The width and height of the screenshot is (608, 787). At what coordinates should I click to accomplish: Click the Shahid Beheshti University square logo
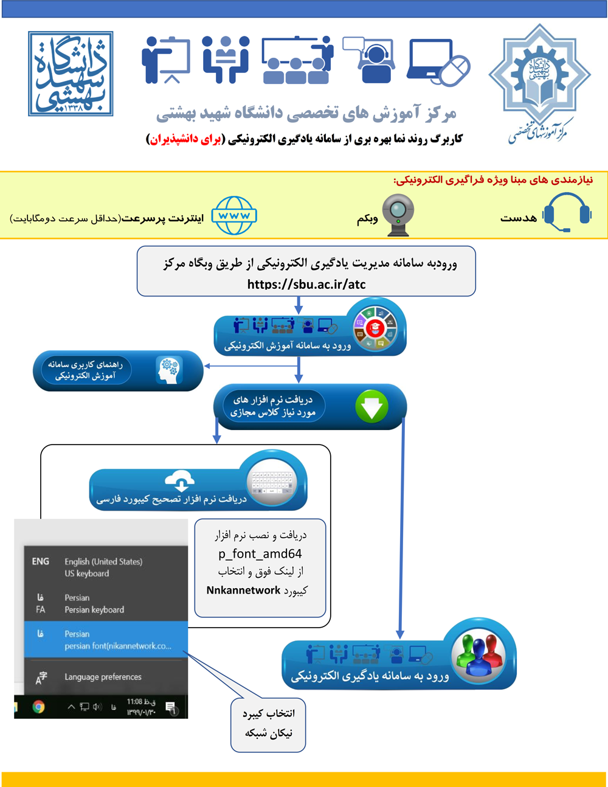(71, 74)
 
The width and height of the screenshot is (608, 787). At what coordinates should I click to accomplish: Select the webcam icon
(398, 213)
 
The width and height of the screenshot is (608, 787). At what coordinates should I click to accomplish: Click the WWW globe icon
(234, 215)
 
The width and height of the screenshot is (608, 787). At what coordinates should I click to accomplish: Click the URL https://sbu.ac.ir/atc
(306, 284)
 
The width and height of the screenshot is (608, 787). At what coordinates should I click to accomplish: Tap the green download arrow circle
(371, 406)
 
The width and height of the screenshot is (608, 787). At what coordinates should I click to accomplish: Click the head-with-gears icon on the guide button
(168, 370)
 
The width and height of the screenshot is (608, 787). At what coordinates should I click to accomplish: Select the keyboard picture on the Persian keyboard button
(272, 485)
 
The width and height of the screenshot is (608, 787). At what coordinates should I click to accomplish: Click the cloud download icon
(181, 480)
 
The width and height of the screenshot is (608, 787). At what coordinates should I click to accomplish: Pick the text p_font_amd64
(260, 553)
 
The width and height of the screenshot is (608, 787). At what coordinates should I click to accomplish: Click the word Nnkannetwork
(243, 590)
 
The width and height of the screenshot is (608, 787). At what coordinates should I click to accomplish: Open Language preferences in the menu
(103, 677)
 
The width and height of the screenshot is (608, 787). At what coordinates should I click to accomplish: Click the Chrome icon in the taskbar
(38, 707)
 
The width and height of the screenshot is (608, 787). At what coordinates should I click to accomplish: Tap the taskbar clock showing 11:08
(141, 707)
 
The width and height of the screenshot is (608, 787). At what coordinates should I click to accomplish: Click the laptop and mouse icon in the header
(438, 61)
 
